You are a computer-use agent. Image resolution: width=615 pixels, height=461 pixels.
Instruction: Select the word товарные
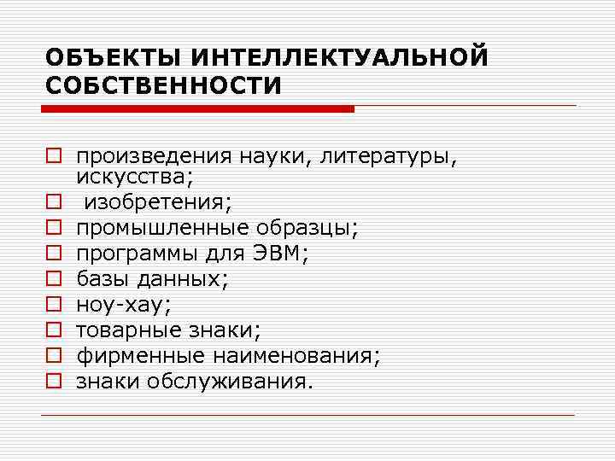coord(124,330)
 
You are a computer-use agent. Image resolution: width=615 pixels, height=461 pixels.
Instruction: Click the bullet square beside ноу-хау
coord(53,304)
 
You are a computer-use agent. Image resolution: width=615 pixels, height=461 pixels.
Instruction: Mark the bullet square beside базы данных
coord(53,278)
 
